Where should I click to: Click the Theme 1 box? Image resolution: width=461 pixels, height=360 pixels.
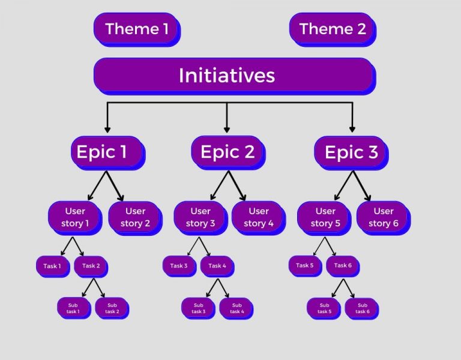point(136,28)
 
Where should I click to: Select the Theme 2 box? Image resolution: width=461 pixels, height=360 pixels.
point(332,28)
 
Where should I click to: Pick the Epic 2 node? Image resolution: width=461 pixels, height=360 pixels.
point(227,152)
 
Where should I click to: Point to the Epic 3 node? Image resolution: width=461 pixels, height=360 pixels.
point(351,152)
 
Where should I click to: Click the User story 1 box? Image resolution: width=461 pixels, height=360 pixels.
point(75,217)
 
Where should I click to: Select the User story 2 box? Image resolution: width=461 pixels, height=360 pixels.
point(134,217)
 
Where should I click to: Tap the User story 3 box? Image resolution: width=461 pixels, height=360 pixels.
point(200,217)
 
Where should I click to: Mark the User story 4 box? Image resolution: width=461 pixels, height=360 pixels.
point(258,217)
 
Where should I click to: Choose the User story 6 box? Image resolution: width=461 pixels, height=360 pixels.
point(383,217)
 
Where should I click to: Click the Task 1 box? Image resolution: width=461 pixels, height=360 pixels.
point(52,266)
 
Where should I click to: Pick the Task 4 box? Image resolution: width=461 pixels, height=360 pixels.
point(217,266)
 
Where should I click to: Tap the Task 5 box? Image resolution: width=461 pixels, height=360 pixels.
point(305,265)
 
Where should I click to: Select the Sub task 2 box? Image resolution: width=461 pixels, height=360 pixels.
point(112,308)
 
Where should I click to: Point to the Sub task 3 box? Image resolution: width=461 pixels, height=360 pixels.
point(199,308)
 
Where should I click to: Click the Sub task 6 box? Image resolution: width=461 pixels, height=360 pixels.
point(361,308)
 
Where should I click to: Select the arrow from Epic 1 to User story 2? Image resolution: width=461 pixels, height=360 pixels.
point(115,186)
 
